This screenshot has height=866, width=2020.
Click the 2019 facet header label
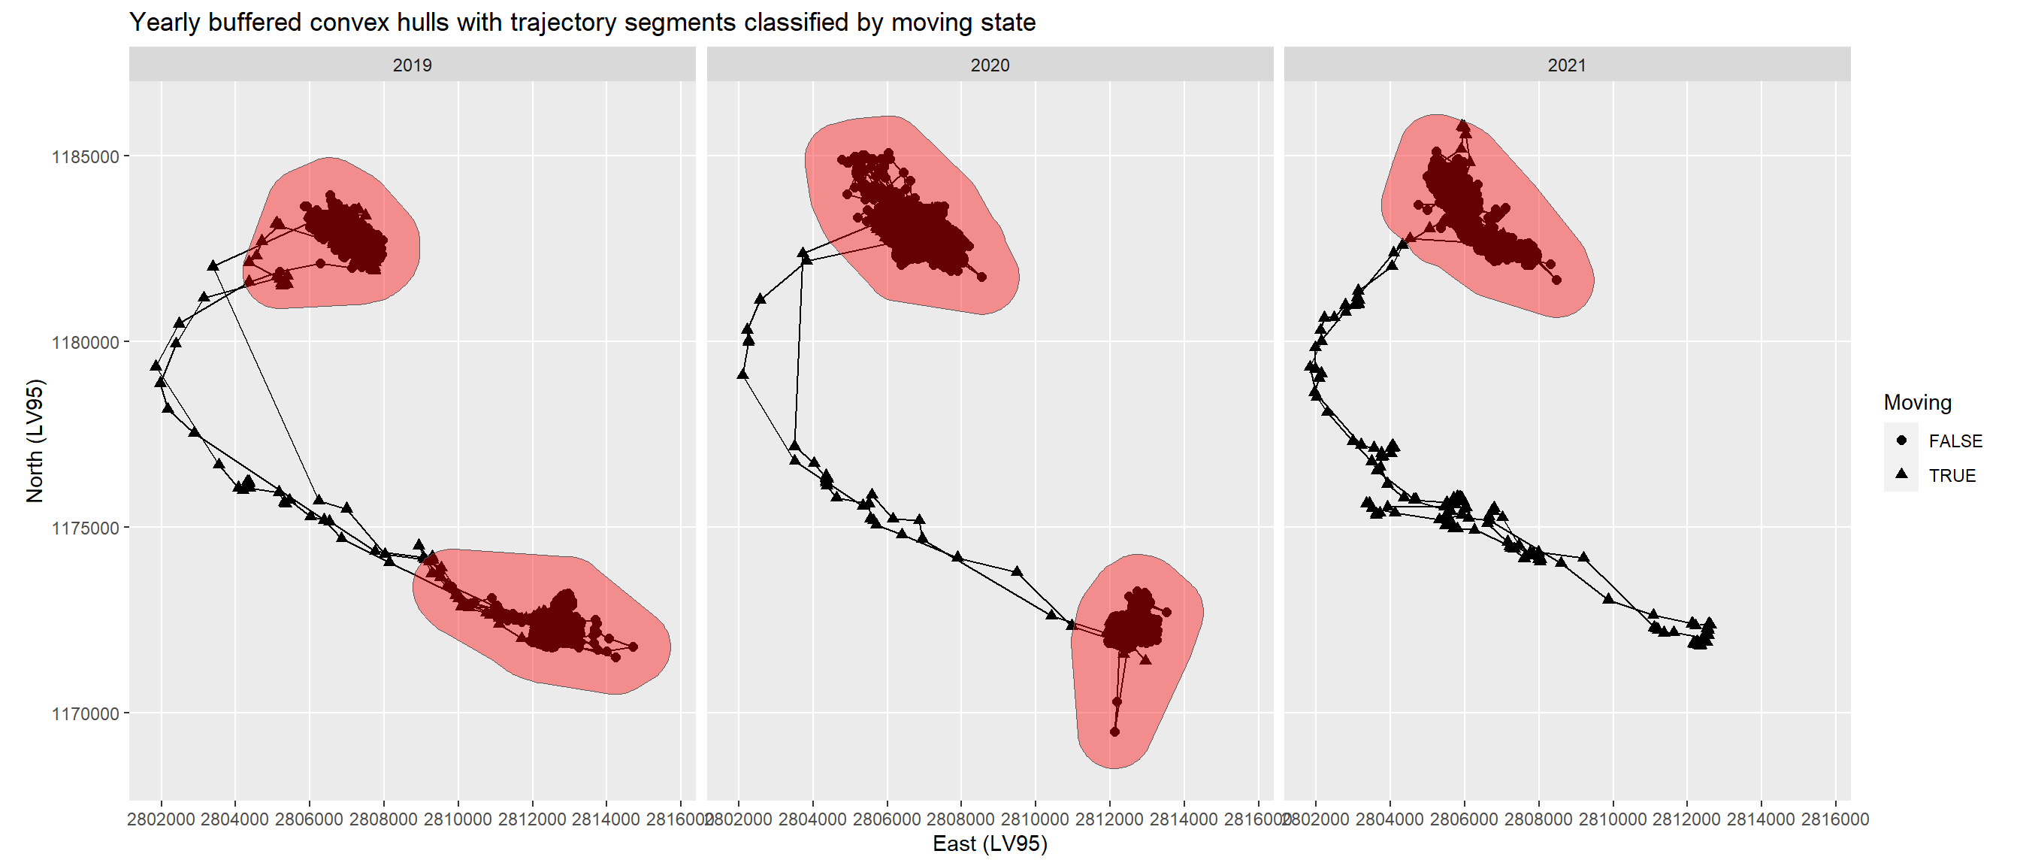(x=412, y=65)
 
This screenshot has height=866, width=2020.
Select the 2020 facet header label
(x=990, y=65)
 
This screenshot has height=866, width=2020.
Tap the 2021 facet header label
(x=1567, y=65)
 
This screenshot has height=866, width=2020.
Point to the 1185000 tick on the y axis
(x=85, y=157)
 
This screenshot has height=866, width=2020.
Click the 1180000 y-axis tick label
(x=85, y=343)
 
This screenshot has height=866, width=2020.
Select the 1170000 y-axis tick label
(x=85, y=714)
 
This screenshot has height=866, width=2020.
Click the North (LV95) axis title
(x=35, y=441)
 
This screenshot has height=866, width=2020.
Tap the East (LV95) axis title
(x=990, y=844)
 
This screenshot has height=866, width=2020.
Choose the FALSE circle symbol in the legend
(x=1901, y=440)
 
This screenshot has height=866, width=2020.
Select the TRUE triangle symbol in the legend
(x=1901, y=474)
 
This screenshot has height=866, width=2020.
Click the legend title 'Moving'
(x=1917, y=402)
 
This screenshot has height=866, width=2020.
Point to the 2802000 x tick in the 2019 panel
(x=162, y=819)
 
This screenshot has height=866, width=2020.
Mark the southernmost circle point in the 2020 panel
(x=1114, y=732)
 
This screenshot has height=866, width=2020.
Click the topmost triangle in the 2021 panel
(x=1463, y=125)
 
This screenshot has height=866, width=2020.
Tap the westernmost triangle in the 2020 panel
(x=742, y=374)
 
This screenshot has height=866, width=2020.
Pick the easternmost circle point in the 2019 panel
(x=633, y=647)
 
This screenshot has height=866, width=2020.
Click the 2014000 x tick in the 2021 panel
(x=1761, y=819)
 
